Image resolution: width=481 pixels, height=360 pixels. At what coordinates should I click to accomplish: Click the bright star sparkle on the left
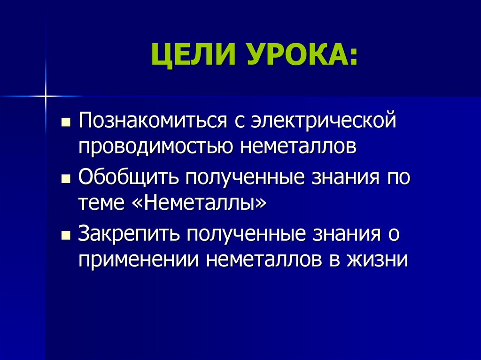click(46, 96)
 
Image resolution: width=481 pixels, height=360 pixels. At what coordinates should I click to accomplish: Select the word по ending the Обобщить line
click(399, 178)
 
